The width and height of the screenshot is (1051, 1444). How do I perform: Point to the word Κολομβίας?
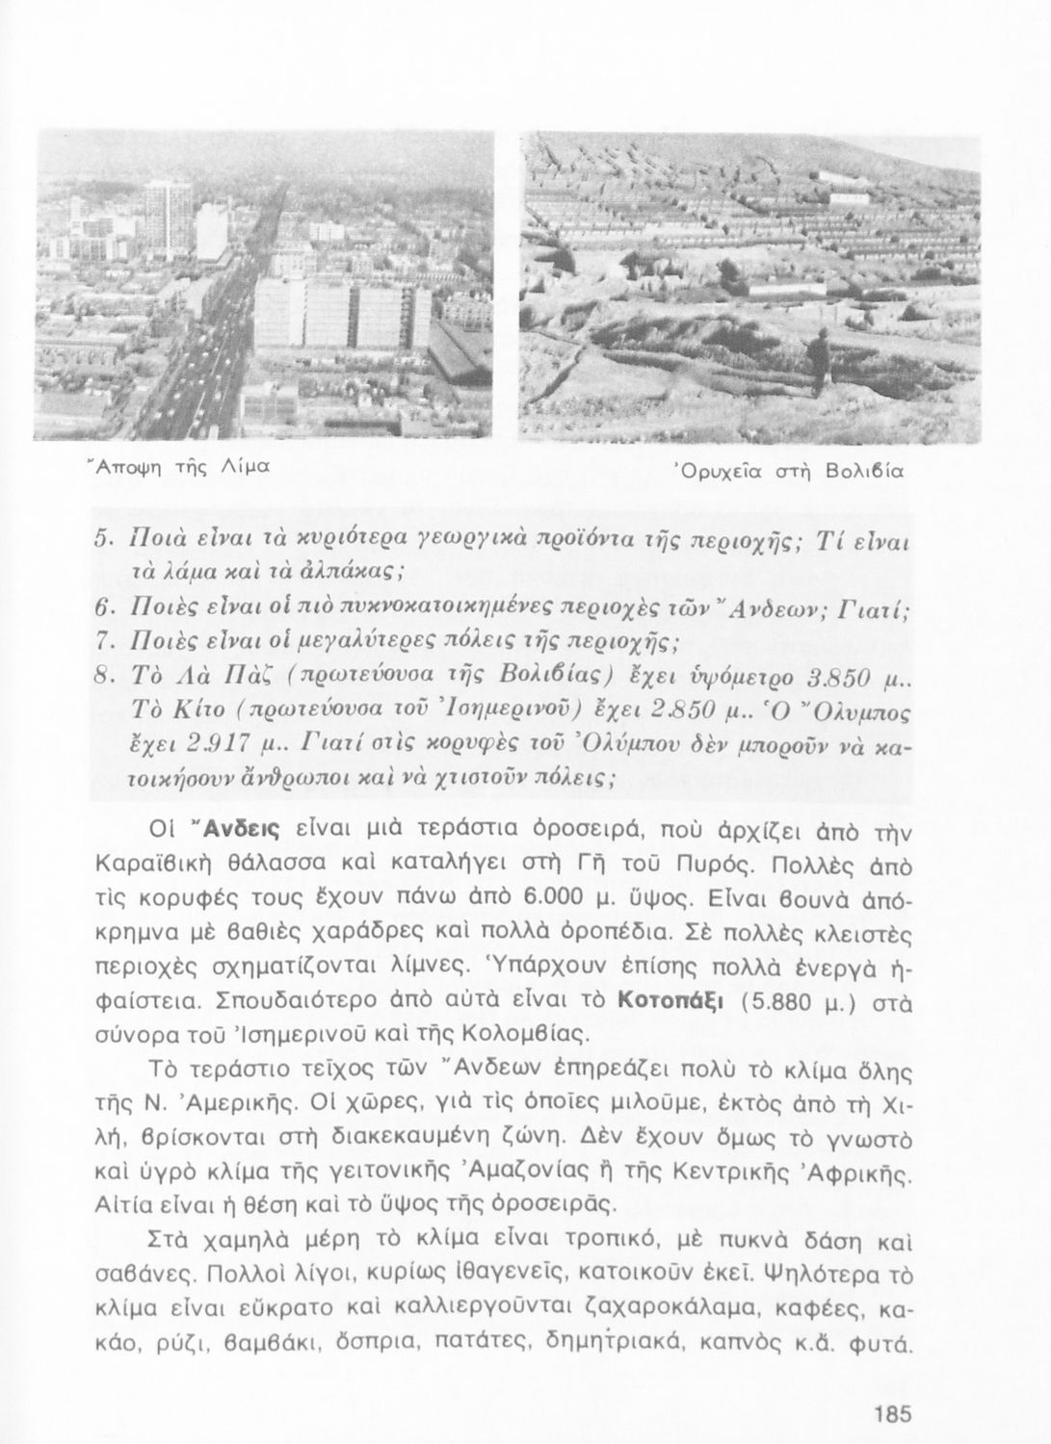(555, 1036)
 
